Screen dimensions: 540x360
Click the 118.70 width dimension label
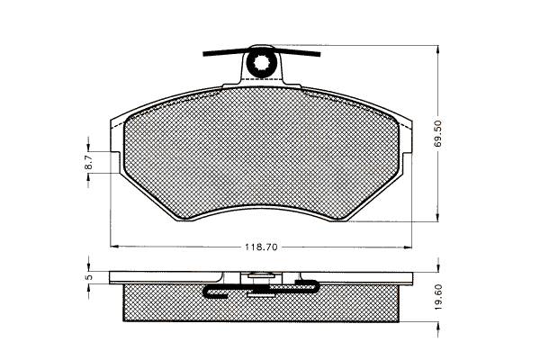point(261,247)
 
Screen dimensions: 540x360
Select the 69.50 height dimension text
point(437,133)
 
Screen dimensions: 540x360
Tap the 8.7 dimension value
point(88,162)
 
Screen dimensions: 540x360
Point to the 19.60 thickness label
point(437,297)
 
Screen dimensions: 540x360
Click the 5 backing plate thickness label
point(88,277)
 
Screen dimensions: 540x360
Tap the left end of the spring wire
point(204,53)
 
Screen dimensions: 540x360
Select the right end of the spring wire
point(319,54)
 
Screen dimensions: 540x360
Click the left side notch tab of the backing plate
point(116,162)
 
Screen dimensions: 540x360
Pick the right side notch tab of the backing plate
point(407,162)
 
